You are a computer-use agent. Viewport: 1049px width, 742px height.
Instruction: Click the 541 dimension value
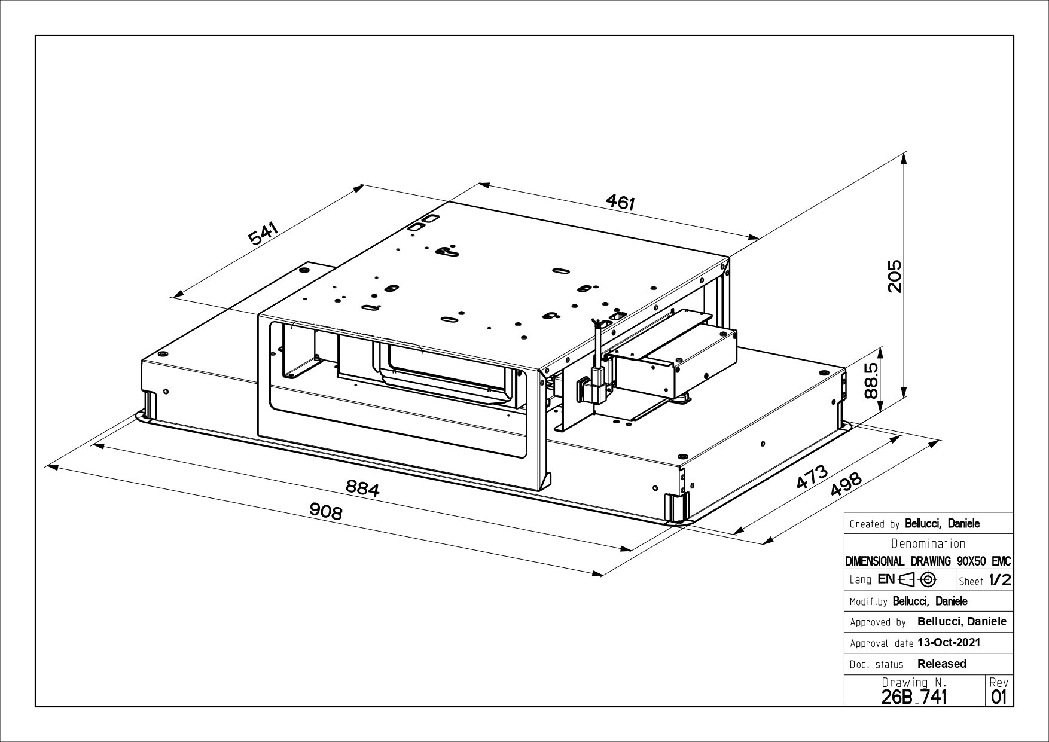[x=263, y=234]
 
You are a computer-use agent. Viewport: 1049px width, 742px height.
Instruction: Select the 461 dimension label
[x=620, y=203]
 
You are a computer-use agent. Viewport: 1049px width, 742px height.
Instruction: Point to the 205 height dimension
[x=894, y=276]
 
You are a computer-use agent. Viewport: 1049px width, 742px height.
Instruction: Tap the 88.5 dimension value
[x=871, y=381]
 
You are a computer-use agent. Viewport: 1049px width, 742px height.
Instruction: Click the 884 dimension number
[x=363, y=489]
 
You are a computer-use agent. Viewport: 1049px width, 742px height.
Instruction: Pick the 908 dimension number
[x=326, y=511]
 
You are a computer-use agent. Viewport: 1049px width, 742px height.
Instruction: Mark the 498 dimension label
[x=846, y=485]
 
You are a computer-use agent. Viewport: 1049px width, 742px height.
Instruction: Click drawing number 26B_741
[x=914, y=697]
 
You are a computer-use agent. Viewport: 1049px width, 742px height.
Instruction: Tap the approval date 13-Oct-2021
[x=949, y=643]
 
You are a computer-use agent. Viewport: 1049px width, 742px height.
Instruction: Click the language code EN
[x=886, y=579]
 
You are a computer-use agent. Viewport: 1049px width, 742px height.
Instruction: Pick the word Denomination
[x=928, y=543]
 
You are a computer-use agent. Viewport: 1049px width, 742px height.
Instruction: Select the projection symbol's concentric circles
[x=928, y=579]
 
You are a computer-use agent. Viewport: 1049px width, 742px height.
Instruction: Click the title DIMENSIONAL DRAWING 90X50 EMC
[x=928, y=561]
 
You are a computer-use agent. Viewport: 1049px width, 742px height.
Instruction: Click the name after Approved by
[x=962, y=622]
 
